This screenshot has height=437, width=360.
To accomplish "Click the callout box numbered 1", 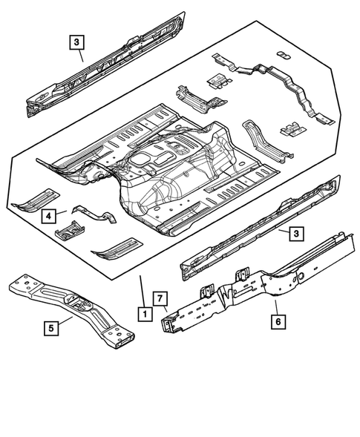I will [x=141, y=314].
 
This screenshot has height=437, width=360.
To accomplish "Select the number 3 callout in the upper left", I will [x=77, y=42].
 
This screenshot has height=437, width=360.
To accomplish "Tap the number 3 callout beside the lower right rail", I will [x=295, y=234].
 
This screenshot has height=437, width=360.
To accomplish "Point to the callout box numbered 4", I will [x=48, y=216].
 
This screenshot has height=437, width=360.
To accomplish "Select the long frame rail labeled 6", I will [x=260, y=286].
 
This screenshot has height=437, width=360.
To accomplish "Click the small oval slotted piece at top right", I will [x=282, y=55].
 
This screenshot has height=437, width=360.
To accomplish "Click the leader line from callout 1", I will [x=140, y=291].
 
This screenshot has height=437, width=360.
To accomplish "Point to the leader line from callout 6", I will [x=275, y=307].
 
